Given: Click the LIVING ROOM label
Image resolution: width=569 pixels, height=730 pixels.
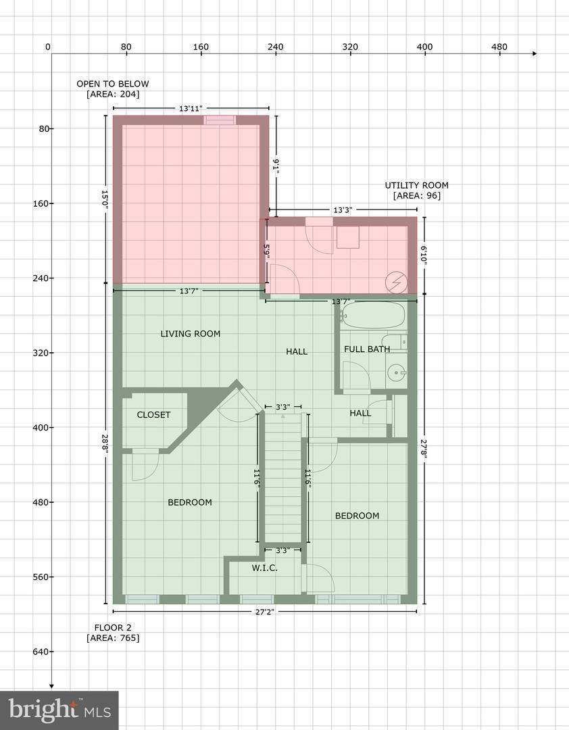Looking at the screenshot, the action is pos(191,334).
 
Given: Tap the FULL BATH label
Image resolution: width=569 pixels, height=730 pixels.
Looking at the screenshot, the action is pos(367,349).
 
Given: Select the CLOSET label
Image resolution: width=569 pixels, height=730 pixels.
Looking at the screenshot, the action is pos(153,415).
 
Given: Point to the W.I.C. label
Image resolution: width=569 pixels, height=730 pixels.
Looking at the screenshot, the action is pos(264,568).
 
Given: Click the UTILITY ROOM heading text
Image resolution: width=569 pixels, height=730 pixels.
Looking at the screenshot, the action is pos(416,185).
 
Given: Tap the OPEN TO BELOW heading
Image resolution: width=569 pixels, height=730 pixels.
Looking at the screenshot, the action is pos(113,84).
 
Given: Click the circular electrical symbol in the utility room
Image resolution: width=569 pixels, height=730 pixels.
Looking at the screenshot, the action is pos(396,283).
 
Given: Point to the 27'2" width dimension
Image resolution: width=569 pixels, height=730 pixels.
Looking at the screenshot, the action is pos(264,612).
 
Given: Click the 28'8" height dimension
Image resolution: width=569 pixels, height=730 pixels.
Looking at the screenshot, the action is pos(105,446).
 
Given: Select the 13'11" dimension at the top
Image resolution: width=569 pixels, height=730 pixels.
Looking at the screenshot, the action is pos(191,109).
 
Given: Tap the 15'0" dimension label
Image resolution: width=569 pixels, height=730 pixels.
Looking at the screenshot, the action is pos(105,199).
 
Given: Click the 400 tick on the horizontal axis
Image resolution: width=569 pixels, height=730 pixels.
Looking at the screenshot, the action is pos(424,54).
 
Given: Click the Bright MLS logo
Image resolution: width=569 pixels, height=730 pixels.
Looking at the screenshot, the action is pos(59,710).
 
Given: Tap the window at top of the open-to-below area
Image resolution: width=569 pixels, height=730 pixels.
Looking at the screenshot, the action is pos(220,120).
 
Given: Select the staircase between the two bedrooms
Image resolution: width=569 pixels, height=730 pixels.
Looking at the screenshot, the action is pos(283,478).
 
